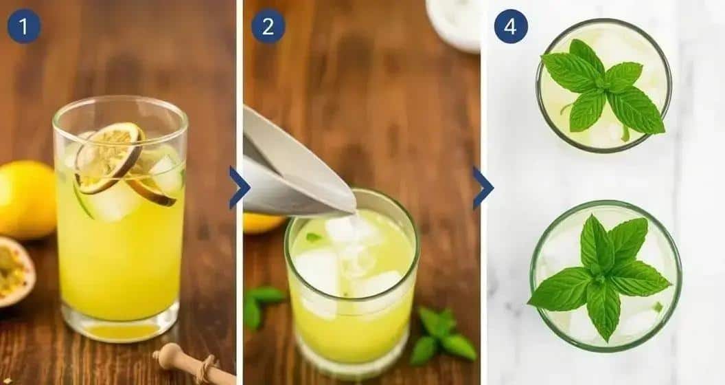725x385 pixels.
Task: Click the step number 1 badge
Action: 24,26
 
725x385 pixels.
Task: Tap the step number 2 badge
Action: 268,26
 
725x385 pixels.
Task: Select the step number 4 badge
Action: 511,26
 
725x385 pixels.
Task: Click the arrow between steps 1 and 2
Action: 239,188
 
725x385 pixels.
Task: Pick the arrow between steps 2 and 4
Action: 483,188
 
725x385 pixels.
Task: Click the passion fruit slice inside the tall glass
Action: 108,155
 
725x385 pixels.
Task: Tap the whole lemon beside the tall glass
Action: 26,199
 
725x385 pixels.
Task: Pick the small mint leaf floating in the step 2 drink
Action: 313,237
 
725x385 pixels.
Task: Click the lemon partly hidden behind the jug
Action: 262,222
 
